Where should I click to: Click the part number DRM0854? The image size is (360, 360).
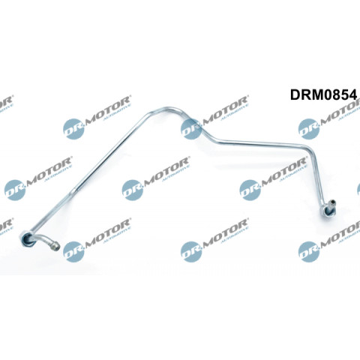coord(323,94)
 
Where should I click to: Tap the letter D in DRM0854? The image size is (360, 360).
coord(295,94)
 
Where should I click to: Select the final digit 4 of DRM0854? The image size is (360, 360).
coord(353,94)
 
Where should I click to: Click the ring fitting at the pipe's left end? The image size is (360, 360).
coord(26,239)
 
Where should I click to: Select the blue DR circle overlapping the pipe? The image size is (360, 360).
coord(190,129)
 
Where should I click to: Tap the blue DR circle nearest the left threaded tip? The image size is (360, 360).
coord(73,251)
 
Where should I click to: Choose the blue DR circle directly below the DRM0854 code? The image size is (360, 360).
coord(308,129)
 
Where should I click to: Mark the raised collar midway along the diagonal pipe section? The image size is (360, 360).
coord(73,190)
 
